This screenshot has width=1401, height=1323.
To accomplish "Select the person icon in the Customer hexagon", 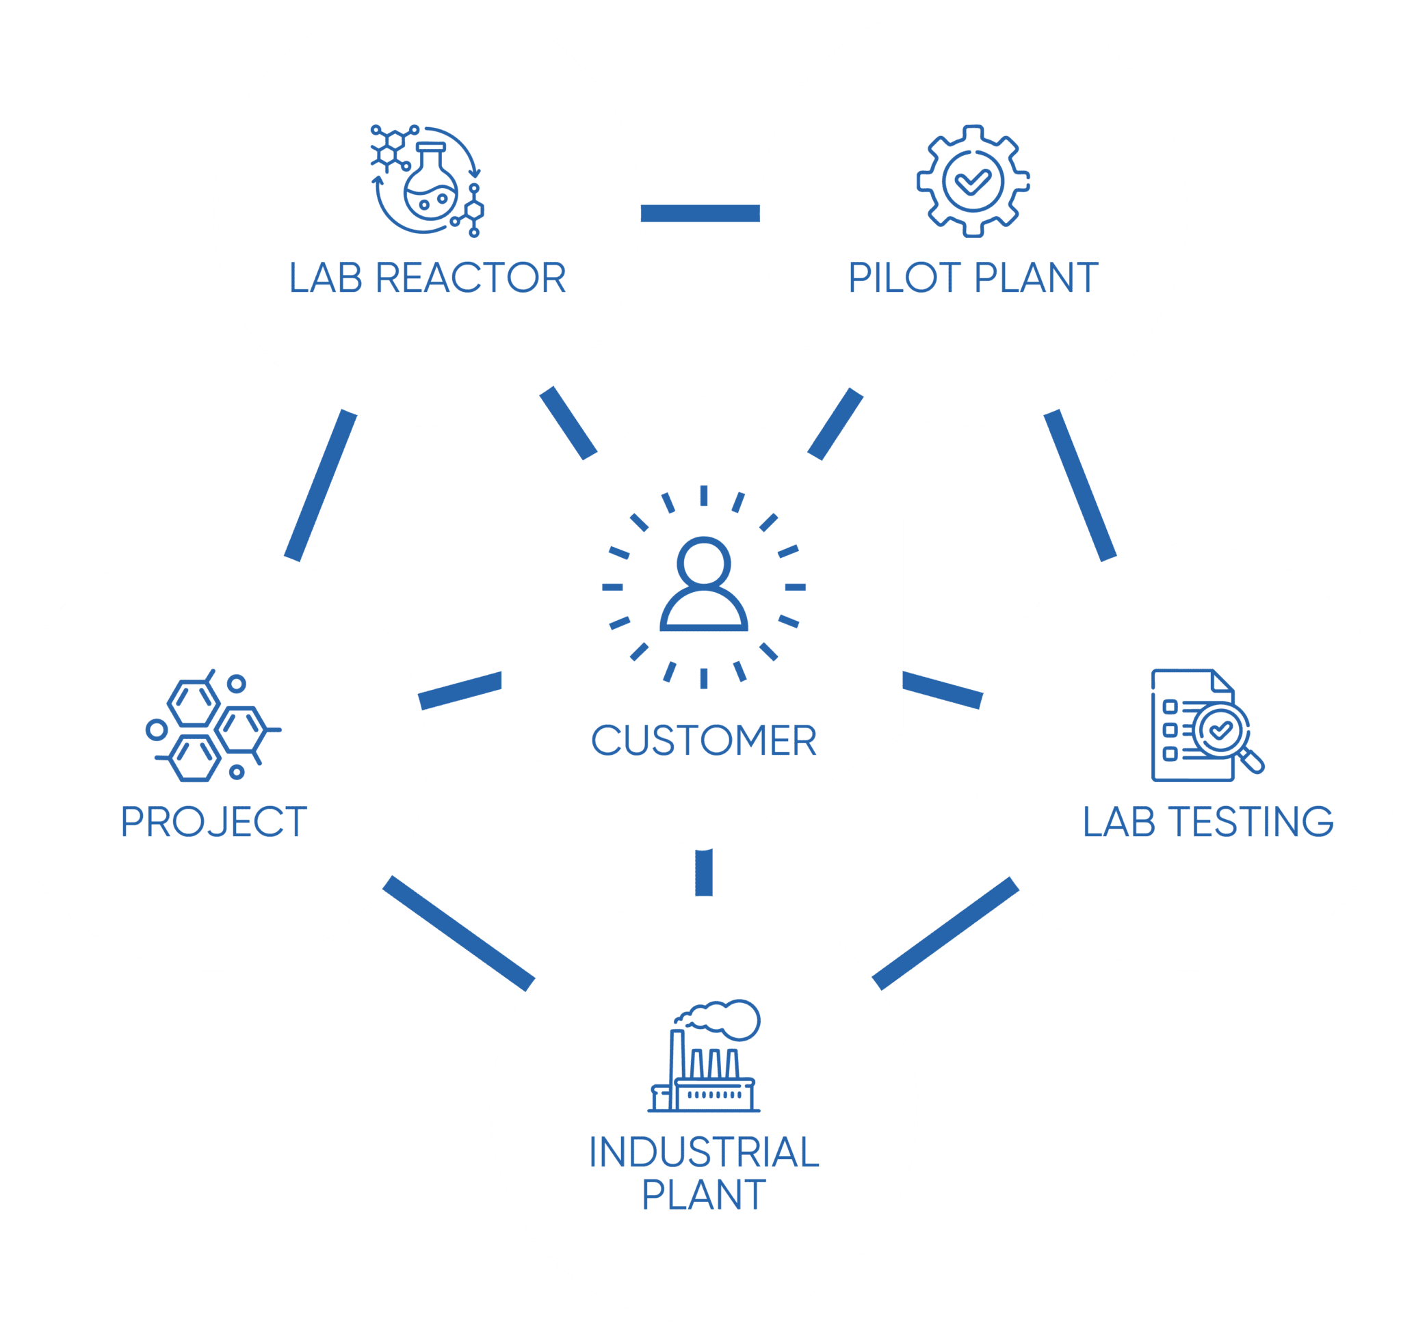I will point(703,585).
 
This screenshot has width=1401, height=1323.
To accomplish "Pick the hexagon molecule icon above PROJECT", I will point(211,726).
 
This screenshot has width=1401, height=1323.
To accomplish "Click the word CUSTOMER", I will point(703,741).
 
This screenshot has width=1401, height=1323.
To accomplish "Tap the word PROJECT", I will point(213,823).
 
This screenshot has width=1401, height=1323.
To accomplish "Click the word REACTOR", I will point(471,278).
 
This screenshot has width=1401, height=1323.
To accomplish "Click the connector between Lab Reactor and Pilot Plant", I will point(700,213).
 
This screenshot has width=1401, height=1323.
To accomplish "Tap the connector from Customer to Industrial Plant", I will point(703,872).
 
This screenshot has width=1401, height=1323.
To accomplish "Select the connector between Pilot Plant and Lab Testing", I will point(1079,485).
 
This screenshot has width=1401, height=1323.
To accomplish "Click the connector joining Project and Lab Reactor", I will point(321,485).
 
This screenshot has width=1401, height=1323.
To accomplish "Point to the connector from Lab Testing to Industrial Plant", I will point(946,933).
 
